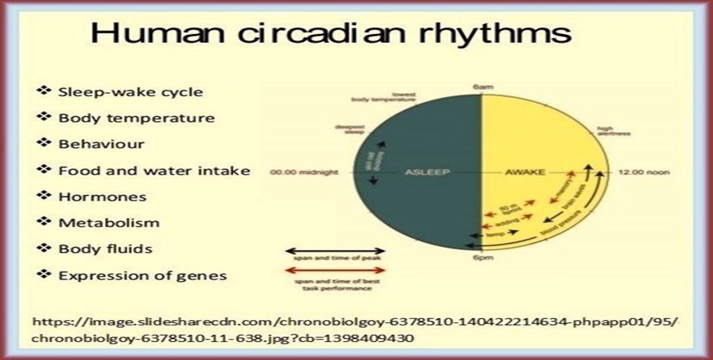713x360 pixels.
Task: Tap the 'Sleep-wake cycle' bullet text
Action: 130,92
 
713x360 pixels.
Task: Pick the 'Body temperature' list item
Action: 136,118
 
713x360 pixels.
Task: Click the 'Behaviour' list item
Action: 101,144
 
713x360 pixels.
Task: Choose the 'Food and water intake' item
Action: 154,171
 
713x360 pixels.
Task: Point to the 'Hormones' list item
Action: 102,197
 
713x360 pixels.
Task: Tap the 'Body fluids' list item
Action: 105,249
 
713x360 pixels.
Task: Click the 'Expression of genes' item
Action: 143,276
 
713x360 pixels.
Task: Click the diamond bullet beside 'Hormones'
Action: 46,196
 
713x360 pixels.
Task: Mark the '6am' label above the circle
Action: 483,86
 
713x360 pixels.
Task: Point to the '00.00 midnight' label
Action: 300,172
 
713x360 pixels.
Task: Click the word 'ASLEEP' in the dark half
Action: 421,172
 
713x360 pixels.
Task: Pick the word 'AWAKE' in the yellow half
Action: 525,172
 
